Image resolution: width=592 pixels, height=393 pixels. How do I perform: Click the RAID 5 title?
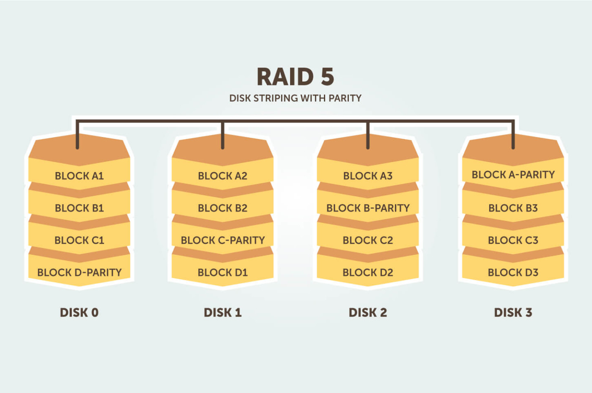[x=295, y=77]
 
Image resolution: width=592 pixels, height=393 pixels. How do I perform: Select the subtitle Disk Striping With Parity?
[x=295, y=98]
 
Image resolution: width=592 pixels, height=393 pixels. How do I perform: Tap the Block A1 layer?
[x=79, y=176]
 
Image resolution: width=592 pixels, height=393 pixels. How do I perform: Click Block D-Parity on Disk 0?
[x=79, y=273]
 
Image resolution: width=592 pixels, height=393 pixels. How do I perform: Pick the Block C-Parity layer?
[x=222, y=240]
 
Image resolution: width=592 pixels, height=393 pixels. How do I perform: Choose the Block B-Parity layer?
[x=368, y=208]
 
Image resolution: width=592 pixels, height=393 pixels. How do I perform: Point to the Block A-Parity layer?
[x=513, y=175]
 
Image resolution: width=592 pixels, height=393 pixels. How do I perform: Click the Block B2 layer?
[x=222, y=208]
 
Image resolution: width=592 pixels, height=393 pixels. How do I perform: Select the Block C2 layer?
[x=368, y=240]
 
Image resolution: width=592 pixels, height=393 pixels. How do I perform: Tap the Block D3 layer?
[x=513, y=273]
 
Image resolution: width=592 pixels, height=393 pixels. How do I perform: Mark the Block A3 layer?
[x=368, y=176]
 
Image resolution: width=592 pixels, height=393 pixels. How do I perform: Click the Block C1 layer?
[x=79, y=240]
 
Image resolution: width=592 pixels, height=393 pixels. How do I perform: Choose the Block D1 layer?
[x=222, y=273]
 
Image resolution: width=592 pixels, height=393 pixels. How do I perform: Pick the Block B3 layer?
[x=513, y=208]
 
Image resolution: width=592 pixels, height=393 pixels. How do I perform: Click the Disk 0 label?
[x=79, y=313]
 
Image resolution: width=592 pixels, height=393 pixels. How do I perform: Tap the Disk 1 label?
[x=222, y=313]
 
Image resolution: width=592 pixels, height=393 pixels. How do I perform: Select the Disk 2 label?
[x=368, y=313]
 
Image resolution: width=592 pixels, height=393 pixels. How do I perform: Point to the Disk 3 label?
[x=513, y=313]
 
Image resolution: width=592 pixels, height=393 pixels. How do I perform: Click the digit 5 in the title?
[x=327, y=77]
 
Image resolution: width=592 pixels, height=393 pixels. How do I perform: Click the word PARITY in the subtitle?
[x=345, y=98]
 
